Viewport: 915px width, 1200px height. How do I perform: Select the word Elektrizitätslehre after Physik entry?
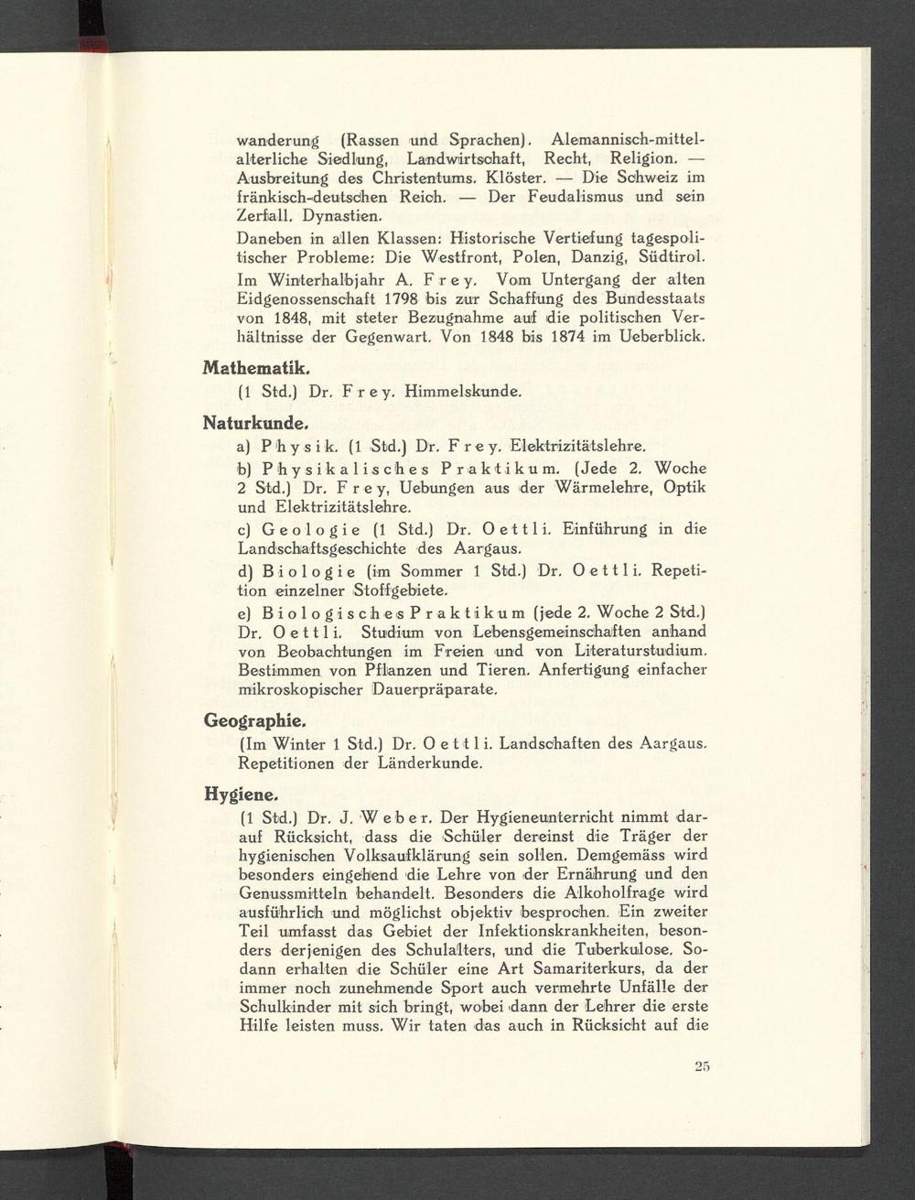pos(569,447)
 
